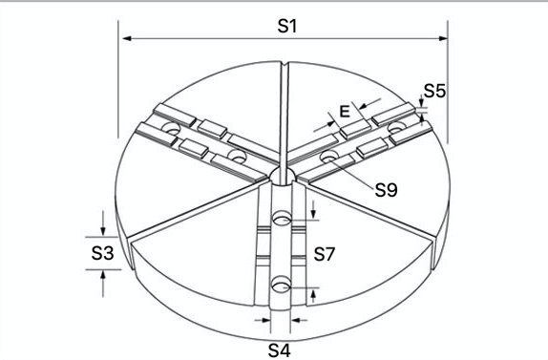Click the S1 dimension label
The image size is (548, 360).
287,26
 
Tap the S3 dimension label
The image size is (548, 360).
102,253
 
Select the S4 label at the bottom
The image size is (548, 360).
279,350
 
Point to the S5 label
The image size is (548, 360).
434,91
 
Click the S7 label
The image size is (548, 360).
325,254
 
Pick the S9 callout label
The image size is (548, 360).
387,190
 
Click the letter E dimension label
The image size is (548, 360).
345,112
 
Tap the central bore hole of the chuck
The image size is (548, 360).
283,176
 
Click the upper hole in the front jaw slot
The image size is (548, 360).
282,218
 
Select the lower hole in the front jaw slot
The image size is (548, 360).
282,285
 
